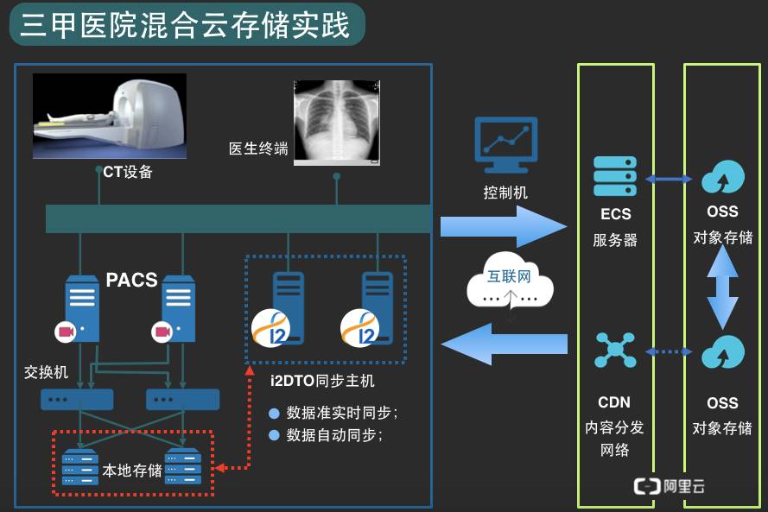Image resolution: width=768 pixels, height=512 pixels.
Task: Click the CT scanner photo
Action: (109, 117)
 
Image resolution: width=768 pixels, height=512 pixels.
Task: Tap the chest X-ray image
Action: (336, 121)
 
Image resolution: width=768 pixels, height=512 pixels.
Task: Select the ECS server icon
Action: (615, 176)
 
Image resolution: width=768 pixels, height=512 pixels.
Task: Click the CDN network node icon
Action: (615, 350)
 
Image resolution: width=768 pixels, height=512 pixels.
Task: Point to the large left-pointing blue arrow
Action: (505, 344)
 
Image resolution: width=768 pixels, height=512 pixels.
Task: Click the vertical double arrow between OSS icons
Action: (722, 294)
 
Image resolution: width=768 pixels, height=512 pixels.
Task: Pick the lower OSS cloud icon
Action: (722, 351)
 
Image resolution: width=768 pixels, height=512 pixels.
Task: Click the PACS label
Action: (131, 280)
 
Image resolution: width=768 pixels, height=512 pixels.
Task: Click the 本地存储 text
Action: (132, 470)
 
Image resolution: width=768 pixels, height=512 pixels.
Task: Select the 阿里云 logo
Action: (670, 486)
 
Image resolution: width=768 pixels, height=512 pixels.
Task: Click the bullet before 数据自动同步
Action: (275, 435)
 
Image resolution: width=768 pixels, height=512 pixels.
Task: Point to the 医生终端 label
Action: (258, 149)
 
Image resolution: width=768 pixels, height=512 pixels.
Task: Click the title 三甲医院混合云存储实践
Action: (185, 25)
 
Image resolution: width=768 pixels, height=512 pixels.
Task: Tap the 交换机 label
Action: (45, 372)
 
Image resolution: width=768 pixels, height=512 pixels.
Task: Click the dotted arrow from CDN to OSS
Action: (670, 351)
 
